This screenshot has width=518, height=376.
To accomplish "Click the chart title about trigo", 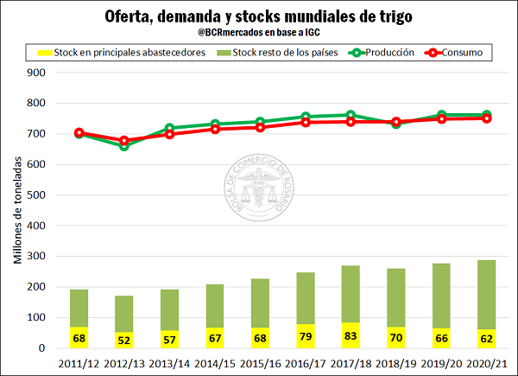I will click(x=258, y=16).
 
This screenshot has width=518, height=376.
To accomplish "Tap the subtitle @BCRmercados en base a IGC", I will click(x=258, y=33).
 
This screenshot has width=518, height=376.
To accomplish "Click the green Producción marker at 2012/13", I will click(x=124, y=145).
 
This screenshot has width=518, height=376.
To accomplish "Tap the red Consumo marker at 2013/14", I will click(x=169, y=134).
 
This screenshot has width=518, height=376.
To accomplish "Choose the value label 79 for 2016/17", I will click(x=304, y=336).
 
